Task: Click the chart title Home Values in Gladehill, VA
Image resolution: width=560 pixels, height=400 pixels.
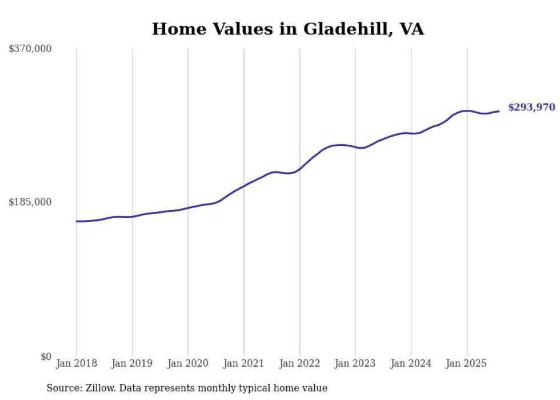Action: pyautogui.click(x=287, y=29)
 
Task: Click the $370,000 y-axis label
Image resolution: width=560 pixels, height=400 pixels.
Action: pyautogui.click(x=30, y=49)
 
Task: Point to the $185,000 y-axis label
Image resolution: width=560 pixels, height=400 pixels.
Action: pyautogui.click(x=30, y=202)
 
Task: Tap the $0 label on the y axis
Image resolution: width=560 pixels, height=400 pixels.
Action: pyautogui.click(x=46, y=357)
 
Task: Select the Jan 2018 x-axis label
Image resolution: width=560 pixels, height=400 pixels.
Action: pyautogui.click(x=77, y=364)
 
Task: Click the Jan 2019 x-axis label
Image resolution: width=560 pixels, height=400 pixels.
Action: pyautogui.click(x=133, y=364)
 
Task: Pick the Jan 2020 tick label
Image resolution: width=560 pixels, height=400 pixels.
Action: pyautogui.click(x=188, y=364)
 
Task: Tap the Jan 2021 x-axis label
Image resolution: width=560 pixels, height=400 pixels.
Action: pyautogui.click(x=244, y=364)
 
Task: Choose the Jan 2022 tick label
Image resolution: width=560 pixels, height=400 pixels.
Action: pyautogui.click(x=299, y=364)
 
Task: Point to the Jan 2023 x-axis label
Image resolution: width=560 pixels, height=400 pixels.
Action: pyautogui.click(x=355, y=364)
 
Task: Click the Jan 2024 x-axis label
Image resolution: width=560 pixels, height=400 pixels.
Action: pyautogui.click(x=411, y=364)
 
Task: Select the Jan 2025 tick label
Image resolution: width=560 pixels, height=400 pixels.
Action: pyautogui.click(x=467, y=364)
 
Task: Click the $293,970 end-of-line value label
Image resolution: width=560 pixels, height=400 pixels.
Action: pyautogui.click(x=531, y=108)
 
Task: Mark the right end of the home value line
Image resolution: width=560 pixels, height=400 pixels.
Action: pyautogui.click(x=499, y=111)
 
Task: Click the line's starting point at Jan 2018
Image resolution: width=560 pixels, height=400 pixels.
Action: pyautogui.click(x=77, y=221)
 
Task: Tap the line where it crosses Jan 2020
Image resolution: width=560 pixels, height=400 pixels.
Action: pyautogui.click(x=188, y=208)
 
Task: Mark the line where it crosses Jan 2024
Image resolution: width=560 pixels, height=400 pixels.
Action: pyautogui.click(x=411, y=133)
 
